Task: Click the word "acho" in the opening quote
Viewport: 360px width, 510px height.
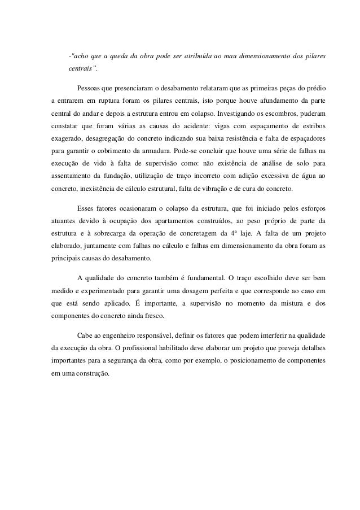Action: tap(80, 56)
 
